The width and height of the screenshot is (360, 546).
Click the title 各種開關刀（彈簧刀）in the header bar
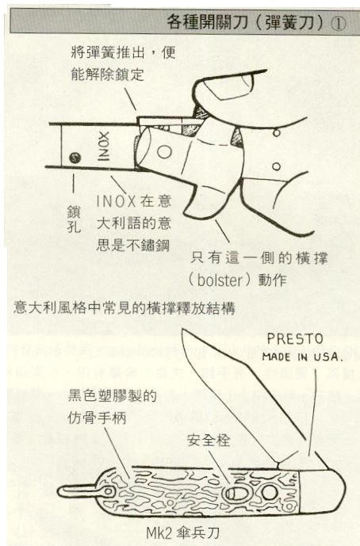coord(247,22)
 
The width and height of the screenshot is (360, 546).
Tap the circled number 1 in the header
coord(338,23)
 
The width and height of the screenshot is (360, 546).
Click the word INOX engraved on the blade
coord(104,146)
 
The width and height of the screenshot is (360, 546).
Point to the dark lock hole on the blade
coord(75,158)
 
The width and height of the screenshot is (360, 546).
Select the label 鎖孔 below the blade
coord(74,220)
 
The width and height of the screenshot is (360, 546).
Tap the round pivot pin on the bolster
coord(164,152)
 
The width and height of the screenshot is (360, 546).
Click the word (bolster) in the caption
coord(219,281)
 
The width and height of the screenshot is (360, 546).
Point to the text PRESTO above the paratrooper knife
coord(295,339)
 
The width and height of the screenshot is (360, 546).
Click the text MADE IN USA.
coord(302,357)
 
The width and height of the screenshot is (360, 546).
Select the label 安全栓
coord(209,441)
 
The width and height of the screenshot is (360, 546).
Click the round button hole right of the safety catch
coord(268,493)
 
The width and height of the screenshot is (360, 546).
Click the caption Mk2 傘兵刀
coord(182,533)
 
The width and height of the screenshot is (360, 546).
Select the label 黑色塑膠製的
coord(113,396)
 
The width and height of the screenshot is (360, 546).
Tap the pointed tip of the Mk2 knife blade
coord(182,330)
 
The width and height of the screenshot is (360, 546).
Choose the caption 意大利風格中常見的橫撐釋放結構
coord(124,308)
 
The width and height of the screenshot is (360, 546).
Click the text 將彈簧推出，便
coord(123,52)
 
